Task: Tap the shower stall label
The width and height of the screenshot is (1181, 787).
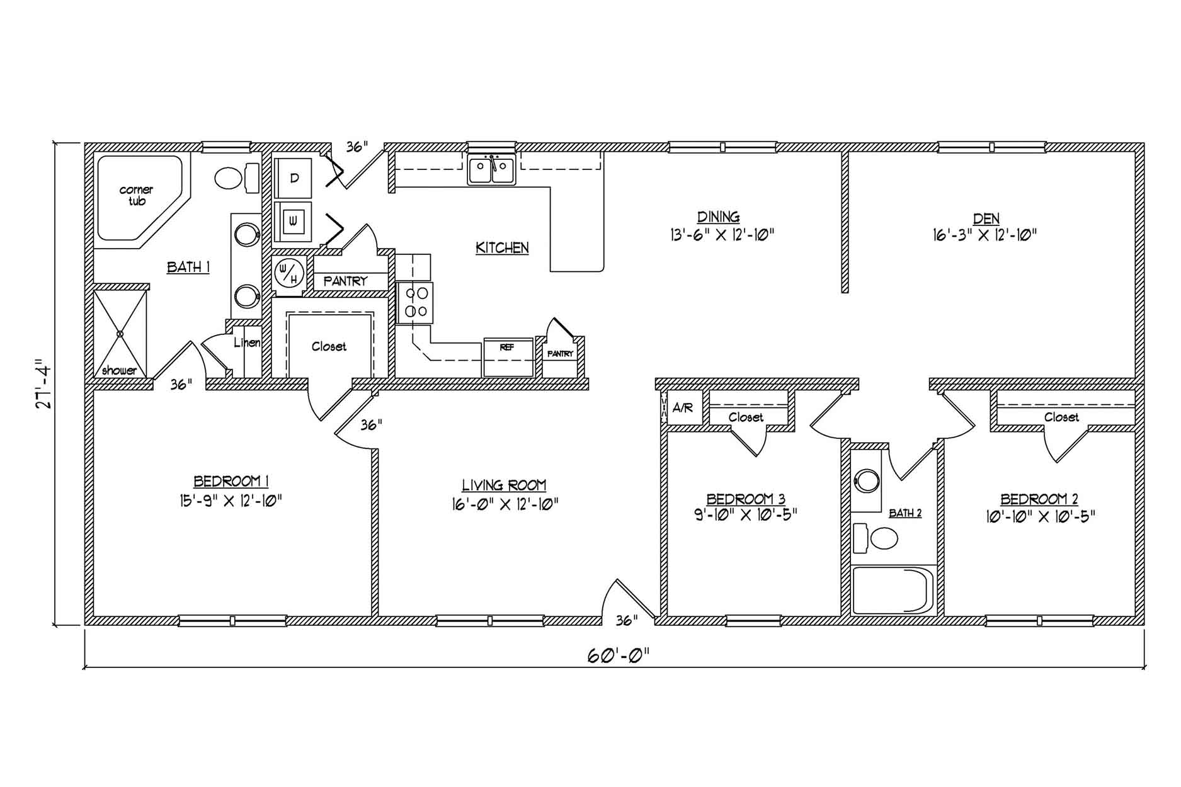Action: pos(119,371)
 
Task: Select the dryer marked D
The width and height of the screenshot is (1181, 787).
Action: pos(294,178)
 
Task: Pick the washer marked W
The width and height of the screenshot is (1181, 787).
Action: pos(294,221)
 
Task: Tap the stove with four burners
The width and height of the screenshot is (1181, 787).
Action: pos(415,303)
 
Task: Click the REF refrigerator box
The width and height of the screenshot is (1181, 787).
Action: pos(508,358)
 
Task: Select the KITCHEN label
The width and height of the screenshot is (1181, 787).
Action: pos(502,248)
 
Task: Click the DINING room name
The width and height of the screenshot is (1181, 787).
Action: pos(719,217)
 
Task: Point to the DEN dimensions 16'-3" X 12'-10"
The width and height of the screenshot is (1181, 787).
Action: pos(985,235)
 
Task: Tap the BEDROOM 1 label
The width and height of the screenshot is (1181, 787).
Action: pos(231,482)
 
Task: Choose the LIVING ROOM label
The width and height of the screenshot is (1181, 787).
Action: pos(504,485)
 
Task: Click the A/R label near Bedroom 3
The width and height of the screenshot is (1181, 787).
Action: pos(683,408)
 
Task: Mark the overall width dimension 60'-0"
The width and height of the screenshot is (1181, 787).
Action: pos(618,655)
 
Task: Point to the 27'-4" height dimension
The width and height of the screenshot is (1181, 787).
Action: pos(42,384)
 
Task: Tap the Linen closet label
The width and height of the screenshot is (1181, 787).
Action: pos(247,343)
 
